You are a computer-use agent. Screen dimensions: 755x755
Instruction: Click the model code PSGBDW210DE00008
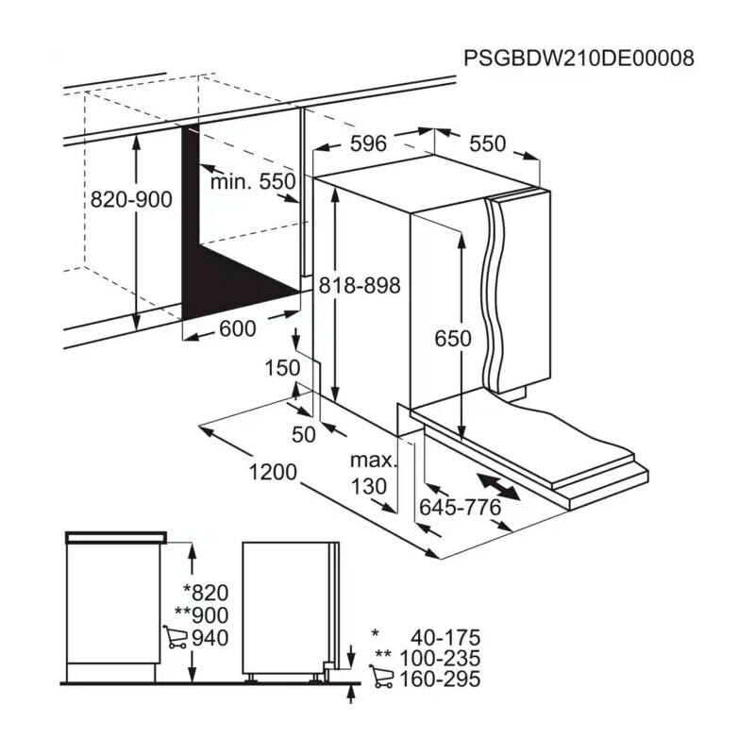tap(579, 59)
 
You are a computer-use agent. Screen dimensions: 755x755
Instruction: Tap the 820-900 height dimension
tap(130, 199)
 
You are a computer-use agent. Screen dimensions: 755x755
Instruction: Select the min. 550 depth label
tap(252, 182)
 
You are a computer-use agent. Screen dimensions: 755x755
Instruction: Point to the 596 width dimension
tap(368, 144)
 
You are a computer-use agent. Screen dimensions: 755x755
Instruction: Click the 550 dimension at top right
tap(487, 144)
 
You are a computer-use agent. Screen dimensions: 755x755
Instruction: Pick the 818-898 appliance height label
tap(360, 285)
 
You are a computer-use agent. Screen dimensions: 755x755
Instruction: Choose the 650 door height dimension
tap(452, 339)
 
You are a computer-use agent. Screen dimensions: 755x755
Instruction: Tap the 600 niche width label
tap(237, 328)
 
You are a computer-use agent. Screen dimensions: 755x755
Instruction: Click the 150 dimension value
tap(282, 368)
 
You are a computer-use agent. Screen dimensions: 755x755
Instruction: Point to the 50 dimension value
tap(304, 434)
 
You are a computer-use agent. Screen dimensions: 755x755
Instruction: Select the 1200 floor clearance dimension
tap(274, 471)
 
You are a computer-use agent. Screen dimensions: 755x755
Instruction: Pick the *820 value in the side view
tap(206, 593)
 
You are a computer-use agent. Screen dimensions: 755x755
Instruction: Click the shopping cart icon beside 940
tap(174, 637)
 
